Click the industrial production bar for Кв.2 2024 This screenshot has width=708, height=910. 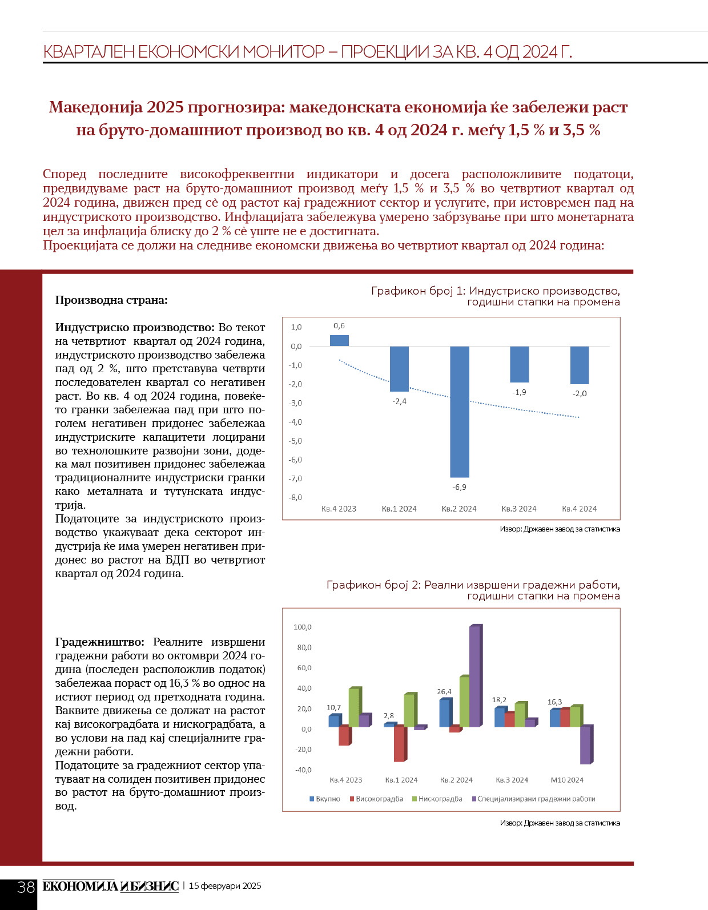pos(459,411)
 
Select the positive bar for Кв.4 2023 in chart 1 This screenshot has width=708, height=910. pos(339,340)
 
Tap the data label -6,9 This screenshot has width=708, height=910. pos(459,487)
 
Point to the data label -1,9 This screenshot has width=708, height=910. pos(519,392)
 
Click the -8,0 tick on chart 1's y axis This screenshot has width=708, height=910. pos(295,497)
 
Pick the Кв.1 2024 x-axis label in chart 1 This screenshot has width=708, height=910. pos(399,509)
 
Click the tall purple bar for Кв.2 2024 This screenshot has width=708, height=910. pos(475,676)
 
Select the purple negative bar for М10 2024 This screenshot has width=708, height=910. pos(586,744)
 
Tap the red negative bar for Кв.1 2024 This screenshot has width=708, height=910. pos(399,743)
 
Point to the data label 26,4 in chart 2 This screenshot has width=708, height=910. pos(444,691)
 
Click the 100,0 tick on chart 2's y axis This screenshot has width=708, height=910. pos(302,627)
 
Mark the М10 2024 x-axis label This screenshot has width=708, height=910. pos(567,780)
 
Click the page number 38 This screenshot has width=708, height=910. pos(26,887)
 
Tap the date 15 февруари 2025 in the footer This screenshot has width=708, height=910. pos(225,886)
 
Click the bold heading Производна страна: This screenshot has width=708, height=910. pos(111,300)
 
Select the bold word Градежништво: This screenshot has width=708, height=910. pos(100,642)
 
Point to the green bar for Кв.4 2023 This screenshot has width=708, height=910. pos(353,707)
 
